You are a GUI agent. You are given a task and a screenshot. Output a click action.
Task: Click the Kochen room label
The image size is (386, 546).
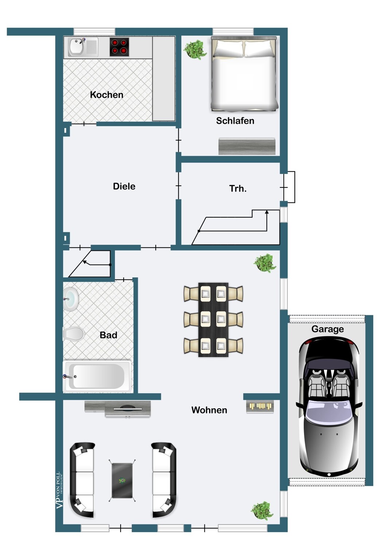tap(106, 95)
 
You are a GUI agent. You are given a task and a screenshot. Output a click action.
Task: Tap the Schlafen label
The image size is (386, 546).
tap(235, 121)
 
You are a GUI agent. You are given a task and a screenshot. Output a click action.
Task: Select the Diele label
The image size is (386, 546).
tap(124, 186)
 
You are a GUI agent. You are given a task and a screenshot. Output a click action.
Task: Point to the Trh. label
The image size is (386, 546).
tap(238, 189)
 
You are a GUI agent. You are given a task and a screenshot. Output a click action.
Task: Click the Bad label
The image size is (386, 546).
tap(108, 335)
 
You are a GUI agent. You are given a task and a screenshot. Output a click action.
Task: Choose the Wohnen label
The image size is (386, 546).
tap(209, 410)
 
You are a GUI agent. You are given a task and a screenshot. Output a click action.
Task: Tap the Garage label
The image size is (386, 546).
tap(327, 329)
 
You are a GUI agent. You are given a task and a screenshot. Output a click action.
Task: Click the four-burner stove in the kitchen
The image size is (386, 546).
tap(119, 47)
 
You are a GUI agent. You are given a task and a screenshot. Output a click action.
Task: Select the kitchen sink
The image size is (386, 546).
tap(83, 47)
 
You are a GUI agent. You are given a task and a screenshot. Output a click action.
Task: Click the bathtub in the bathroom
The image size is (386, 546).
tap(97, 376)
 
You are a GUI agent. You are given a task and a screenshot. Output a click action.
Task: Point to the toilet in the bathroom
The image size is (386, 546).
tap(74, 334)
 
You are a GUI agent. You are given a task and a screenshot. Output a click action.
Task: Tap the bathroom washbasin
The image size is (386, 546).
tap(71, 299)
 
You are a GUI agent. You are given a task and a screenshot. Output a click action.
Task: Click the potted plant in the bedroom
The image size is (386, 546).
tap(195, 50)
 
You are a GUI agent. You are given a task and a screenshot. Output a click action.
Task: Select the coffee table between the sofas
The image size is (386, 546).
tap(122, 480)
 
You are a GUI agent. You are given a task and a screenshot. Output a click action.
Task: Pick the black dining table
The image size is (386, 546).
tap(213, 320)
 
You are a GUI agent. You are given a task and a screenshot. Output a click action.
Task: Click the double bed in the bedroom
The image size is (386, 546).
tap(244, 74)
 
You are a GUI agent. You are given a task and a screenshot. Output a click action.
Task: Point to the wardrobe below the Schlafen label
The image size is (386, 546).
tap(247, 146)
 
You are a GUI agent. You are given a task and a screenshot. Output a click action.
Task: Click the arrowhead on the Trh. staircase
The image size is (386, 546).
tap(267, 212)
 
